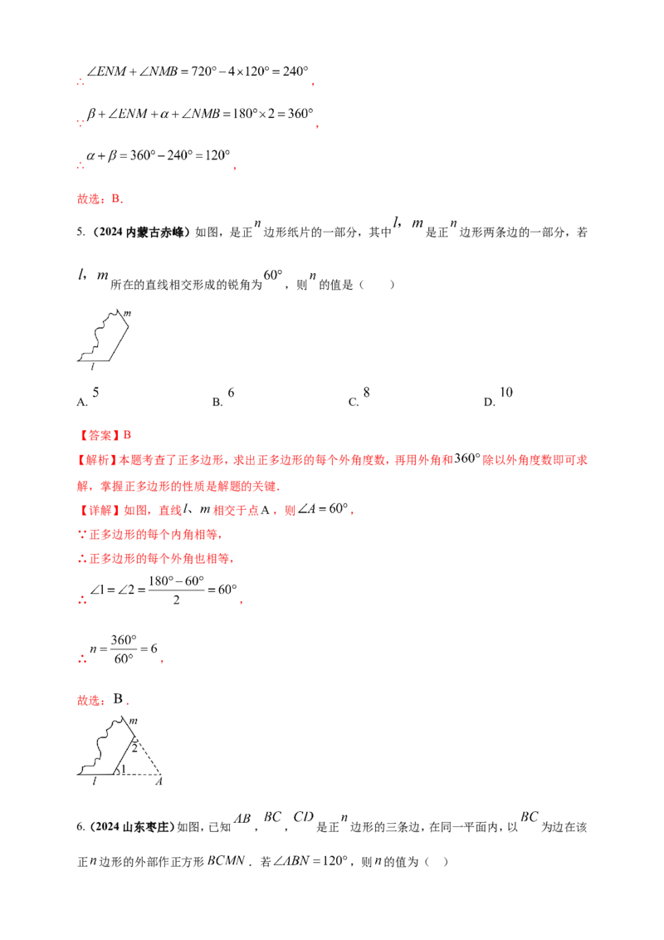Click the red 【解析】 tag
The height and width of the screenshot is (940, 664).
coord(90,460)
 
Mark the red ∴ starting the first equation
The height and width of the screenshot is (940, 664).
coord(80,83)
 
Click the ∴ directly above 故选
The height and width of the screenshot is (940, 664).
coord(80,165)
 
